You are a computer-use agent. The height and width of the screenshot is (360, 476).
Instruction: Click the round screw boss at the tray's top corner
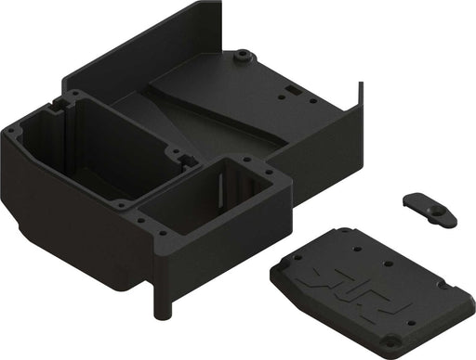click(x=243, y=55)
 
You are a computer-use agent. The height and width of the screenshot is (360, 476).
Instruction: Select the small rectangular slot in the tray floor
click(x=293, y=91)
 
